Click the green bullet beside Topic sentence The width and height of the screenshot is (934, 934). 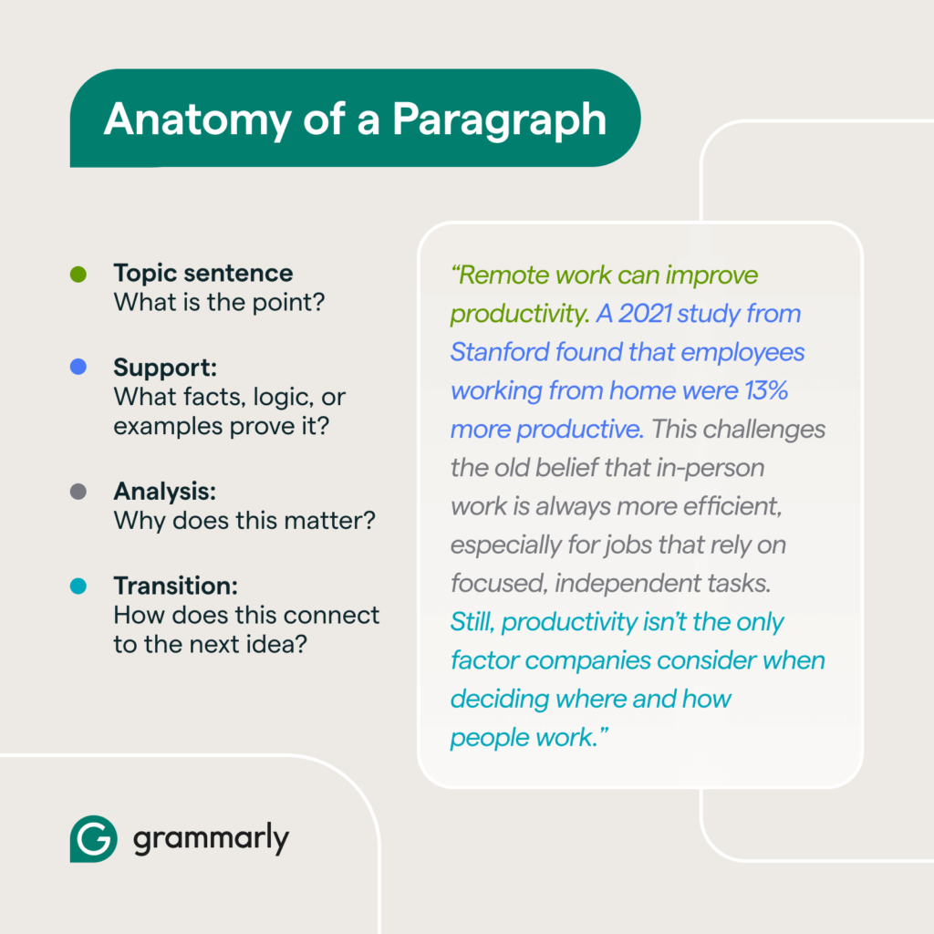click(x=78, y=274)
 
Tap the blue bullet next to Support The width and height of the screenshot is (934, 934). click(x=78, y=367)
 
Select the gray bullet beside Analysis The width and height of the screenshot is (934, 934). click(x=78, y=492)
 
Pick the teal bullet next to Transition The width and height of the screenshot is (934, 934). click(x=78, y=586)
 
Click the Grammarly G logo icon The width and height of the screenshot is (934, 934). click(x=94, y=839)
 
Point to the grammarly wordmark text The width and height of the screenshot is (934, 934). click(x=211, y=839)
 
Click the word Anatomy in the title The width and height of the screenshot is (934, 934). click(x=198, y=120)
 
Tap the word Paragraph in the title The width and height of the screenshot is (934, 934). click(x=499, y=120)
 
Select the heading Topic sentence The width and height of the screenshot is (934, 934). click(x=203, y=274)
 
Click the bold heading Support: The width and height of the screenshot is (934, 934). click(x=165, y=367)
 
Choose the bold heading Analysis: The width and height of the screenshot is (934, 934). click(x=164, y=492)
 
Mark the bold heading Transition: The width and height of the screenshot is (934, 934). click(x=176, y=586)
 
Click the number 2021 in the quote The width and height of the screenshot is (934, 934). click(x=645, y=314)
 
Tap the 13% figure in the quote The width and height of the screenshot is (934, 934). click(x=766, y=390)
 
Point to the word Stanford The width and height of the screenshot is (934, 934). click(x=500, y=352)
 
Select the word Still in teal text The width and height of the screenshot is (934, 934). click(x=472, y=622)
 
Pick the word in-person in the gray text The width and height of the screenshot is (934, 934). click(x=710, y=468)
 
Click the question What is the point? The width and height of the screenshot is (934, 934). click(x=219, y=303)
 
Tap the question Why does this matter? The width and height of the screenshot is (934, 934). click(x=244, y=521)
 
